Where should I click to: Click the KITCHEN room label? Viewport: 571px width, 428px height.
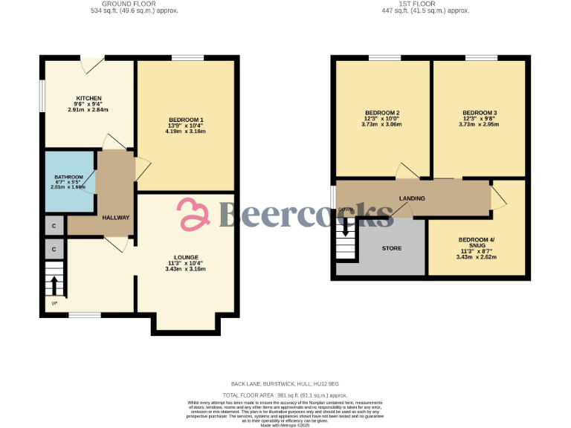pyautogui.click(x=88, y=98)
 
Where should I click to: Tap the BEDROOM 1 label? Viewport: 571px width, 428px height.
pyautogui.click(x=186, y=120)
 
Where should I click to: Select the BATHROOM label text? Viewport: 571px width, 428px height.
pyautogui.click(x=68, y=177)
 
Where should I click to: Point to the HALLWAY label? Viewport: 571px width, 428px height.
pyautogui.click(x=116, y=218)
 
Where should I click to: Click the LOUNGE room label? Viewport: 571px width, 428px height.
pyautogui.click(x=186, y=257)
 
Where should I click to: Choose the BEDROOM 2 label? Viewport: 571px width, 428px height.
pyautogui.click(x=383, y=113)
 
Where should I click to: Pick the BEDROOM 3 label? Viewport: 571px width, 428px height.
pyautogui.click(x=480, y=113)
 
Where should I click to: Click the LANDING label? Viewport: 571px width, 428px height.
pyautogui.click(x=412, y=198)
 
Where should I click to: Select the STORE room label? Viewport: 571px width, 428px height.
pyautogui.click(x=392, y=248)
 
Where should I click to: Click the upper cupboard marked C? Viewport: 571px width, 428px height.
pyautogui.click(x=54, y=224)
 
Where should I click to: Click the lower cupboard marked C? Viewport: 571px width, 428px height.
pyautogui.click(x=54, y=247)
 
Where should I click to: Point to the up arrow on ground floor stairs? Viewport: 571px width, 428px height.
pyautogui.click(x=54, y=285)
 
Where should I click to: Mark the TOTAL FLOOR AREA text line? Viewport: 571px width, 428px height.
pyautogui.click(x=285, y=395)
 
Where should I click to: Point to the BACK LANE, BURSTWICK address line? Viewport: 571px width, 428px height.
pyautogui.click(x=285, y=383)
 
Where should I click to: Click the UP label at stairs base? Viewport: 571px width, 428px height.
pyautogui.click(x=54, y=303)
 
